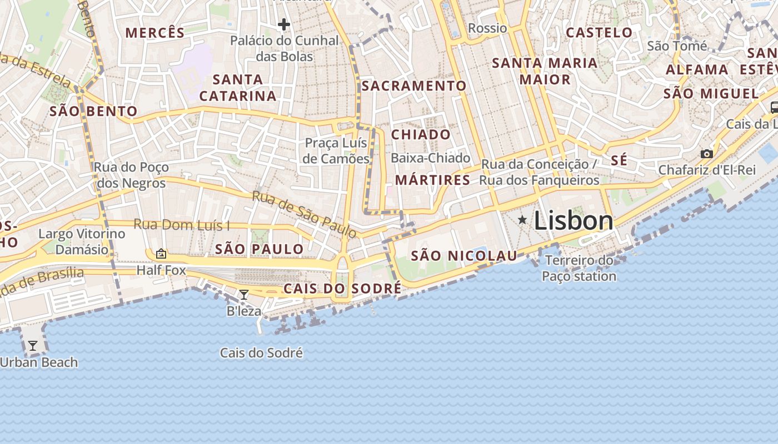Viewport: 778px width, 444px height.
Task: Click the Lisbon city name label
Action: tap(573, 221)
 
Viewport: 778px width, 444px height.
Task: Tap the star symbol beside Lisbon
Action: tap(522, 220)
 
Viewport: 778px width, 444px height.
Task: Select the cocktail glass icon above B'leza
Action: tap(243, 295)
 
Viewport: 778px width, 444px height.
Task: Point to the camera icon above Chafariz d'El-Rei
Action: tap(707, 154)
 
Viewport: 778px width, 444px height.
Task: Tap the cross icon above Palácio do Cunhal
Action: tap(284, 24)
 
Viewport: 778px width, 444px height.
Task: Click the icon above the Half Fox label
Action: tap(161, 254)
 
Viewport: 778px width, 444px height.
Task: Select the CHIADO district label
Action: tap(421, 134)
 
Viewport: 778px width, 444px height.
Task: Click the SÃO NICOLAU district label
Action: tap(464, 256)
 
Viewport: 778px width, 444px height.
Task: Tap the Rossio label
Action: tap(487, 28)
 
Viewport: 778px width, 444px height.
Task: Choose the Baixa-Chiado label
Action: tap(430, 158)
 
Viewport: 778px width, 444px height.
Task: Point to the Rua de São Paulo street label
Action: tap(304, 213)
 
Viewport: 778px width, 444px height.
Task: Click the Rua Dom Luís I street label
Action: tap(181, 225)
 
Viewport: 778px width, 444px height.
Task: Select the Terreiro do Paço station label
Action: tap(579, 268)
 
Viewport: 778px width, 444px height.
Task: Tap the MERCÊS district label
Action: tap(154, 32)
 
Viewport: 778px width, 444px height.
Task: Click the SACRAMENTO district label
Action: tap(413, 85)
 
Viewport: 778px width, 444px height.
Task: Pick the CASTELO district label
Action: tap(599, 32)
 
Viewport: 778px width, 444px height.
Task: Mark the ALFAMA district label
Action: tap(697, 69)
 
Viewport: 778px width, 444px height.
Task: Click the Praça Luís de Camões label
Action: tap(337, 151)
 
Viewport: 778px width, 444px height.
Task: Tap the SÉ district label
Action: tap(619, 160)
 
